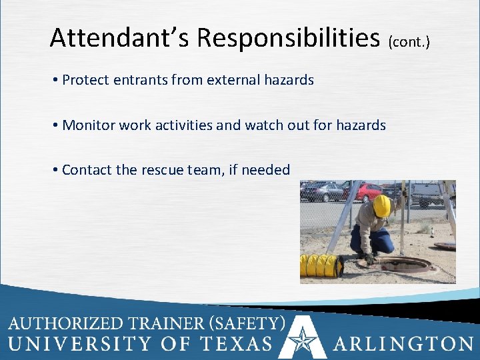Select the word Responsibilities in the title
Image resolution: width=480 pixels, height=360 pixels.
(287, 38)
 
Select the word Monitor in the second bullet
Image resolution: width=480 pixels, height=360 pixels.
(87, 125)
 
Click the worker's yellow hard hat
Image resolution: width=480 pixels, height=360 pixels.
(382, 206)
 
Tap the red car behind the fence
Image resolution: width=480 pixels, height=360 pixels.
(363, 193)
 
